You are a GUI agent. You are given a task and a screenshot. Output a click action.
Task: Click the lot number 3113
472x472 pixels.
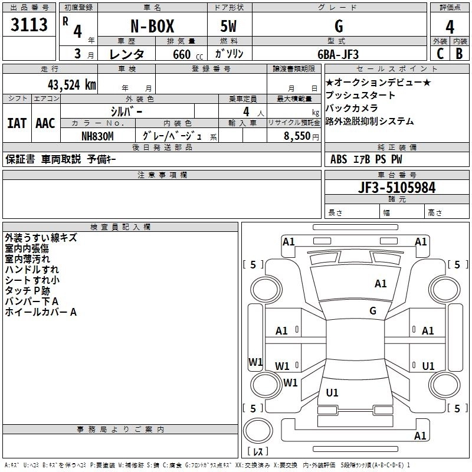[x=29, y=25]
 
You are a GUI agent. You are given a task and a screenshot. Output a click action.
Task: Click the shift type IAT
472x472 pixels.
[x=17, y=123]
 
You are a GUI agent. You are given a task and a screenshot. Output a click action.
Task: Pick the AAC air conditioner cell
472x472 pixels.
[x=45, y=123]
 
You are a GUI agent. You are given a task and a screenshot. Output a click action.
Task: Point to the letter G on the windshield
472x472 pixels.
[x=373, y=310]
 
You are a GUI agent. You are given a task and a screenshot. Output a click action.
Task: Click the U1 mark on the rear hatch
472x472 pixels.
[x=332, y=393]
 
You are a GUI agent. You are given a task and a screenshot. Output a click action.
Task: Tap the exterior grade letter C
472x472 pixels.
[x=440, y=54]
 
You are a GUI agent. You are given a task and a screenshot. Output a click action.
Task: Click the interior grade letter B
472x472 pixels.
[x=459, y=54]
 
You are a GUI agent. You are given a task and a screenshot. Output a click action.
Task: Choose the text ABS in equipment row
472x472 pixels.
[x=339, y=159]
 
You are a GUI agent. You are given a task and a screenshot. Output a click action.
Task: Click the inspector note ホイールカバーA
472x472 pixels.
[x=41, y=313]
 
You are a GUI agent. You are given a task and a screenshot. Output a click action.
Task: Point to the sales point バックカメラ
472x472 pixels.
[x=352, y=109]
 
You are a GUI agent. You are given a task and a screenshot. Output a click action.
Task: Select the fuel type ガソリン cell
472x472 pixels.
[x=230, y=54]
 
